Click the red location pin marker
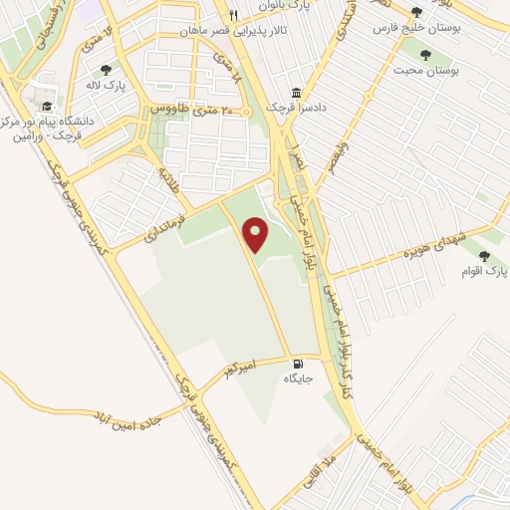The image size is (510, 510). tap(257, 235)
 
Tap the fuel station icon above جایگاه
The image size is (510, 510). tap(298, 363)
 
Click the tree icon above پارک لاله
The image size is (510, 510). tap(107, 69)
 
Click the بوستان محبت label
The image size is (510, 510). tap(425, 72)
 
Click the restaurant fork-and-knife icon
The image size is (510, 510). tap(233, 15)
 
